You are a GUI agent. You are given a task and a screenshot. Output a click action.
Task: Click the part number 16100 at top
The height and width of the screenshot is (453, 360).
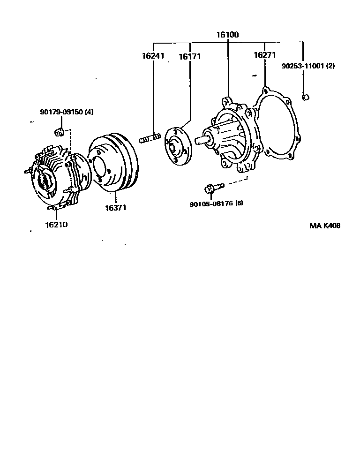pyautogui.click(x=227, y=34)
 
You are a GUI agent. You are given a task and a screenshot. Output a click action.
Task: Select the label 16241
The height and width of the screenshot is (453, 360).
pyautogui.click(x=153, y=56)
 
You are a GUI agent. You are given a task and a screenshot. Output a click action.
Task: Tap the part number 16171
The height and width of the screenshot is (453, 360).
pyautogui.click(x=189, y=56)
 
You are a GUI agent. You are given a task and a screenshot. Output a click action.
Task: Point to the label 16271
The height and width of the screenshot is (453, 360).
pyautogui.click(x=264, y=55)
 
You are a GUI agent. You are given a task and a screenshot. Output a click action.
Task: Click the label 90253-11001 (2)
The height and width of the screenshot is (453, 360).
pyautogui.click(x=308, y=66)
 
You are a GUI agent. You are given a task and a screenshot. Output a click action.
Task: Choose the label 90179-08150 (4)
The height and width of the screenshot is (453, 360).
pyautogui.click(x=67, y=112)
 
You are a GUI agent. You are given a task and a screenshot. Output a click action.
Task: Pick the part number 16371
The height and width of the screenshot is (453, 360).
pyautogui.click(x=115, y=207)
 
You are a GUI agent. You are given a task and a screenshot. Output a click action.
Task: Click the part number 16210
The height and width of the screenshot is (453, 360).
pyautogui.click(x=56, y=224)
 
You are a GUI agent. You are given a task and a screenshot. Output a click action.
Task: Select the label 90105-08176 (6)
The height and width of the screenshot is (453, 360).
pyautogui.click(x=217, y=204)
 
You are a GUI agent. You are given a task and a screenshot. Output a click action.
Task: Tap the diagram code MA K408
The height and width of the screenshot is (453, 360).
pyautogui.click(x=324, y=226)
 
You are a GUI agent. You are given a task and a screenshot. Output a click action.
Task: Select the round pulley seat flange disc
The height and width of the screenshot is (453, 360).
pyautogui.click(x=178, y=146)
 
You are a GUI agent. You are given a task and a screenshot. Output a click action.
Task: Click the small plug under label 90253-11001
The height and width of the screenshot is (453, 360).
pyautogui.click(x=305, y=97)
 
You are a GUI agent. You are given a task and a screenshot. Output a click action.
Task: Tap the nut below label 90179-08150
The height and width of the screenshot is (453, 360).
pyautogui.click(x=60, y=131)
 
